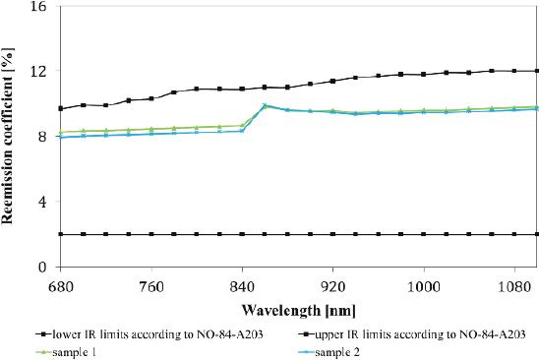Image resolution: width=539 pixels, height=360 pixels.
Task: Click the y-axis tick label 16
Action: point(39,7)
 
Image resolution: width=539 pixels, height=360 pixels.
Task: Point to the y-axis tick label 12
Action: point(39,72)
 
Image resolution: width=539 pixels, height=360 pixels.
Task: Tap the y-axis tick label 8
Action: point(43,137)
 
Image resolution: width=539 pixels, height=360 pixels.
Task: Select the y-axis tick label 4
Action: point(43,202)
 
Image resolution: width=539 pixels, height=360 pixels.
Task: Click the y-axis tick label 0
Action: point(43,267)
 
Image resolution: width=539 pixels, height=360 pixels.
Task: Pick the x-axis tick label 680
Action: point(61,282)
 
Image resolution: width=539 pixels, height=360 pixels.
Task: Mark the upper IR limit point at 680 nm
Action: point(61,108)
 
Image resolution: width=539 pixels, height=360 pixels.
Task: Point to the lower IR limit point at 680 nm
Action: point(61,234)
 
